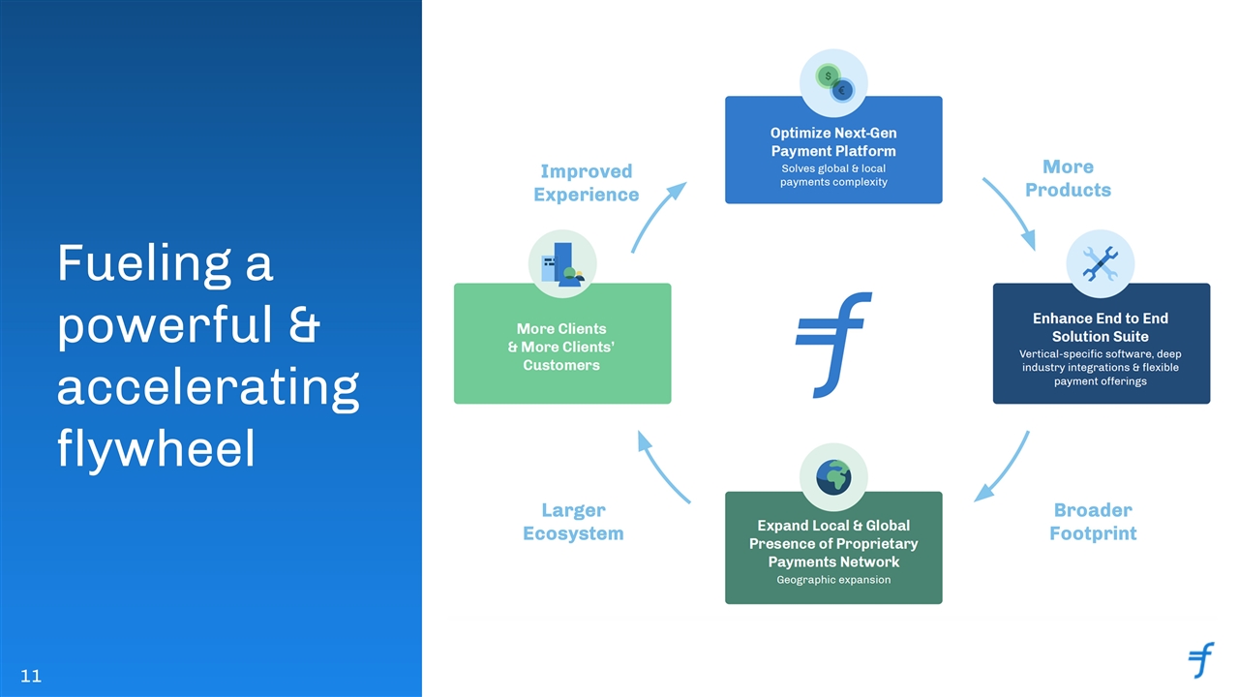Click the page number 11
point(31,676)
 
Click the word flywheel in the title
point(156,448)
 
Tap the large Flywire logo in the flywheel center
point(833,345)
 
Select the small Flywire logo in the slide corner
point(1201,659)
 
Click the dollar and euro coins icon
point(834,83)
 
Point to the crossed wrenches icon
point(1101,264)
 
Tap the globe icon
point(833,477)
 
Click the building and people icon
point(562,264)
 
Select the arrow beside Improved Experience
point(656,215)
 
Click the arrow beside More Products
point(1012,211)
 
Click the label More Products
point(1068,178)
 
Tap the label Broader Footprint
point(1093,522)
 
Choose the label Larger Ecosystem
point(573,522)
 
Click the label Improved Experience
point(587,183)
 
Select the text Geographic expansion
point(833,580)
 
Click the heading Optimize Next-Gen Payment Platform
point(833,141)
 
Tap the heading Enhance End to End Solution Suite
point(1101,327)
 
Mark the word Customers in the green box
point(561,365)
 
